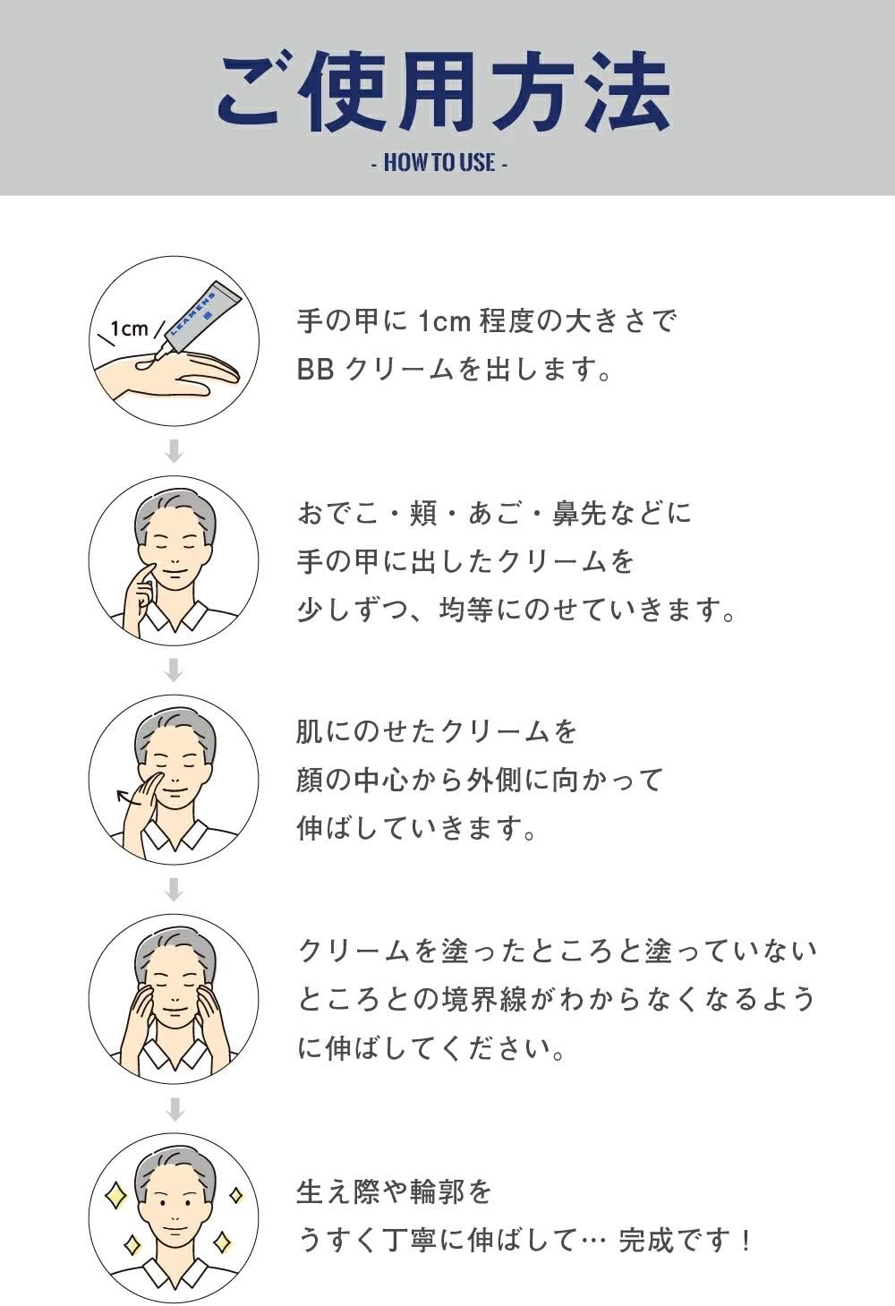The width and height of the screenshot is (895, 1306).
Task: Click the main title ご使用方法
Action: pyautogui.click(x=444, y=92)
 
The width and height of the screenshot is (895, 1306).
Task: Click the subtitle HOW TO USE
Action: pyautogui.click(x=439, y=163)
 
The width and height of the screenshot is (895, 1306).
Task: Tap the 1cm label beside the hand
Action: pyautogui.click(x=130, y=329)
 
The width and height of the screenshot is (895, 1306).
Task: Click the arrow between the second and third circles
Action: pyautogui.click(x=174, y=670)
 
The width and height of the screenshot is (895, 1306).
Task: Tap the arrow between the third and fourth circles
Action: pyautogui.click(x=174, y=890)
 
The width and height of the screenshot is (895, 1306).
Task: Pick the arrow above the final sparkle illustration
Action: pyautogui.click(x=174, y=1109)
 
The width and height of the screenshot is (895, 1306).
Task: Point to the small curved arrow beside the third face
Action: pyautogui.click(x=126, y=798)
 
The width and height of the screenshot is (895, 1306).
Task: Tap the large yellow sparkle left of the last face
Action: pyautogui.click(x=116, y=1196)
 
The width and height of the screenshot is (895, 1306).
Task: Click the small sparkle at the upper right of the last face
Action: pyautogui.click(x=235, y=1195)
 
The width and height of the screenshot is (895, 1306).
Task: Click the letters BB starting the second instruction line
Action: pyautogui.click(x=315, y=369)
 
